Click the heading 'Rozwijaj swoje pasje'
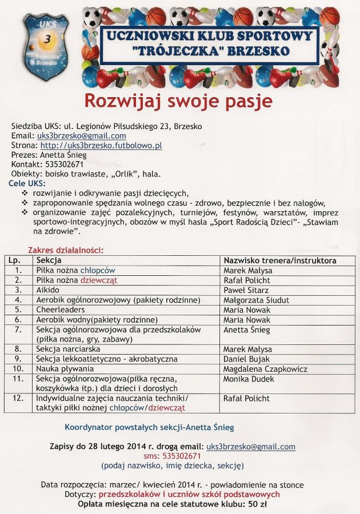(x=179, y=101)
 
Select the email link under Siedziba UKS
(x=82, y=136)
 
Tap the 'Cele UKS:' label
(x=26, y=183)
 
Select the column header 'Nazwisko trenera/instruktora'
(x=279, y=260)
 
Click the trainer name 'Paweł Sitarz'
(x=246, y=290)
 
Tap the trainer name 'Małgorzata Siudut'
(x=256, y=300)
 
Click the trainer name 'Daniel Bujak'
(x=246, y=359)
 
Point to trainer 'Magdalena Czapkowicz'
(x=265, y=369)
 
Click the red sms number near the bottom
(x=180, y=456)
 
